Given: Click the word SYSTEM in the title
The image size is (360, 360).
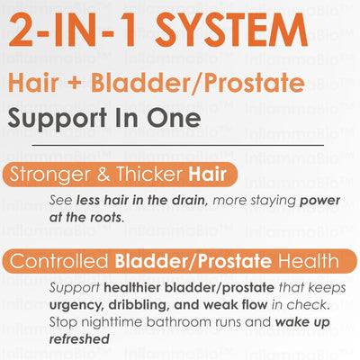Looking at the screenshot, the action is pyautogui.click(x=231, y=30).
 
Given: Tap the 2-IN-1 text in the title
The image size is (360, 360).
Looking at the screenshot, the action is pyautogui.click(x=75, y=30).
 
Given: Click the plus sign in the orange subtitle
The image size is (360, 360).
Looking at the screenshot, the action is pyautogui.click(x=75, y=84).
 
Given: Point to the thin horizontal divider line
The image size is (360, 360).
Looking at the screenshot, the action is pyautogui.click(x=177, y=145).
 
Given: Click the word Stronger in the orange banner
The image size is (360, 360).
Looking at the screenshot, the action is pyautogui.click(x=49, y=175).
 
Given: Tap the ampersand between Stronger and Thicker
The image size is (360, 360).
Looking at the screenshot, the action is pyautogui.click(x=103, y=175).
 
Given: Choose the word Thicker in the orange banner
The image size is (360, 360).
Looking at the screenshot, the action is pyautogui.click(x=149, y=174).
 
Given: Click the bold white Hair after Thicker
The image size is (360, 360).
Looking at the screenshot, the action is pyautogui.click(x=207, y=174).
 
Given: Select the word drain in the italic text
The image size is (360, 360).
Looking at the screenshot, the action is pyautogui.click(x=189, y=201).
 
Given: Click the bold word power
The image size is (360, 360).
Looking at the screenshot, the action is pyautogui.click(x=319, y=201).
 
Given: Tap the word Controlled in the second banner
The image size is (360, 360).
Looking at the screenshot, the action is pyautogui.click(x=58, y=261).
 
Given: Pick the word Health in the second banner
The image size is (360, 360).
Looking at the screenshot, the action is pyautogui.click(x=309, y=261).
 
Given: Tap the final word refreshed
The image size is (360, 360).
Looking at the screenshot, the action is pyautogui.click(x=79, y=339).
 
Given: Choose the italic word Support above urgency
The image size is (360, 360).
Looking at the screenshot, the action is pyautogui.click(x=75, y=288).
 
